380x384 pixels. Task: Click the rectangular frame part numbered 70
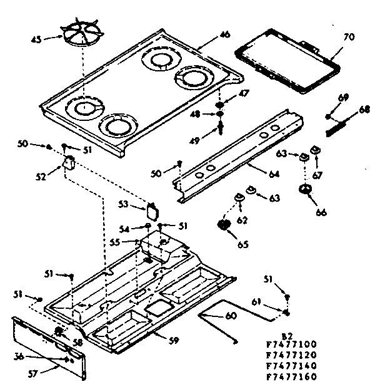(x=288, y=60)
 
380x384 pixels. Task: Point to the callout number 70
(x=349, y=37)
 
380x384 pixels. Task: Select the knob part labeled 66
(x=305, y=191)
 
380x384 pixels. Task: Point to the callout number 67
(x=317, y=175)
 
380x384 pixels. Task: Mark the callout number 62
(x=242, y=220)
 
